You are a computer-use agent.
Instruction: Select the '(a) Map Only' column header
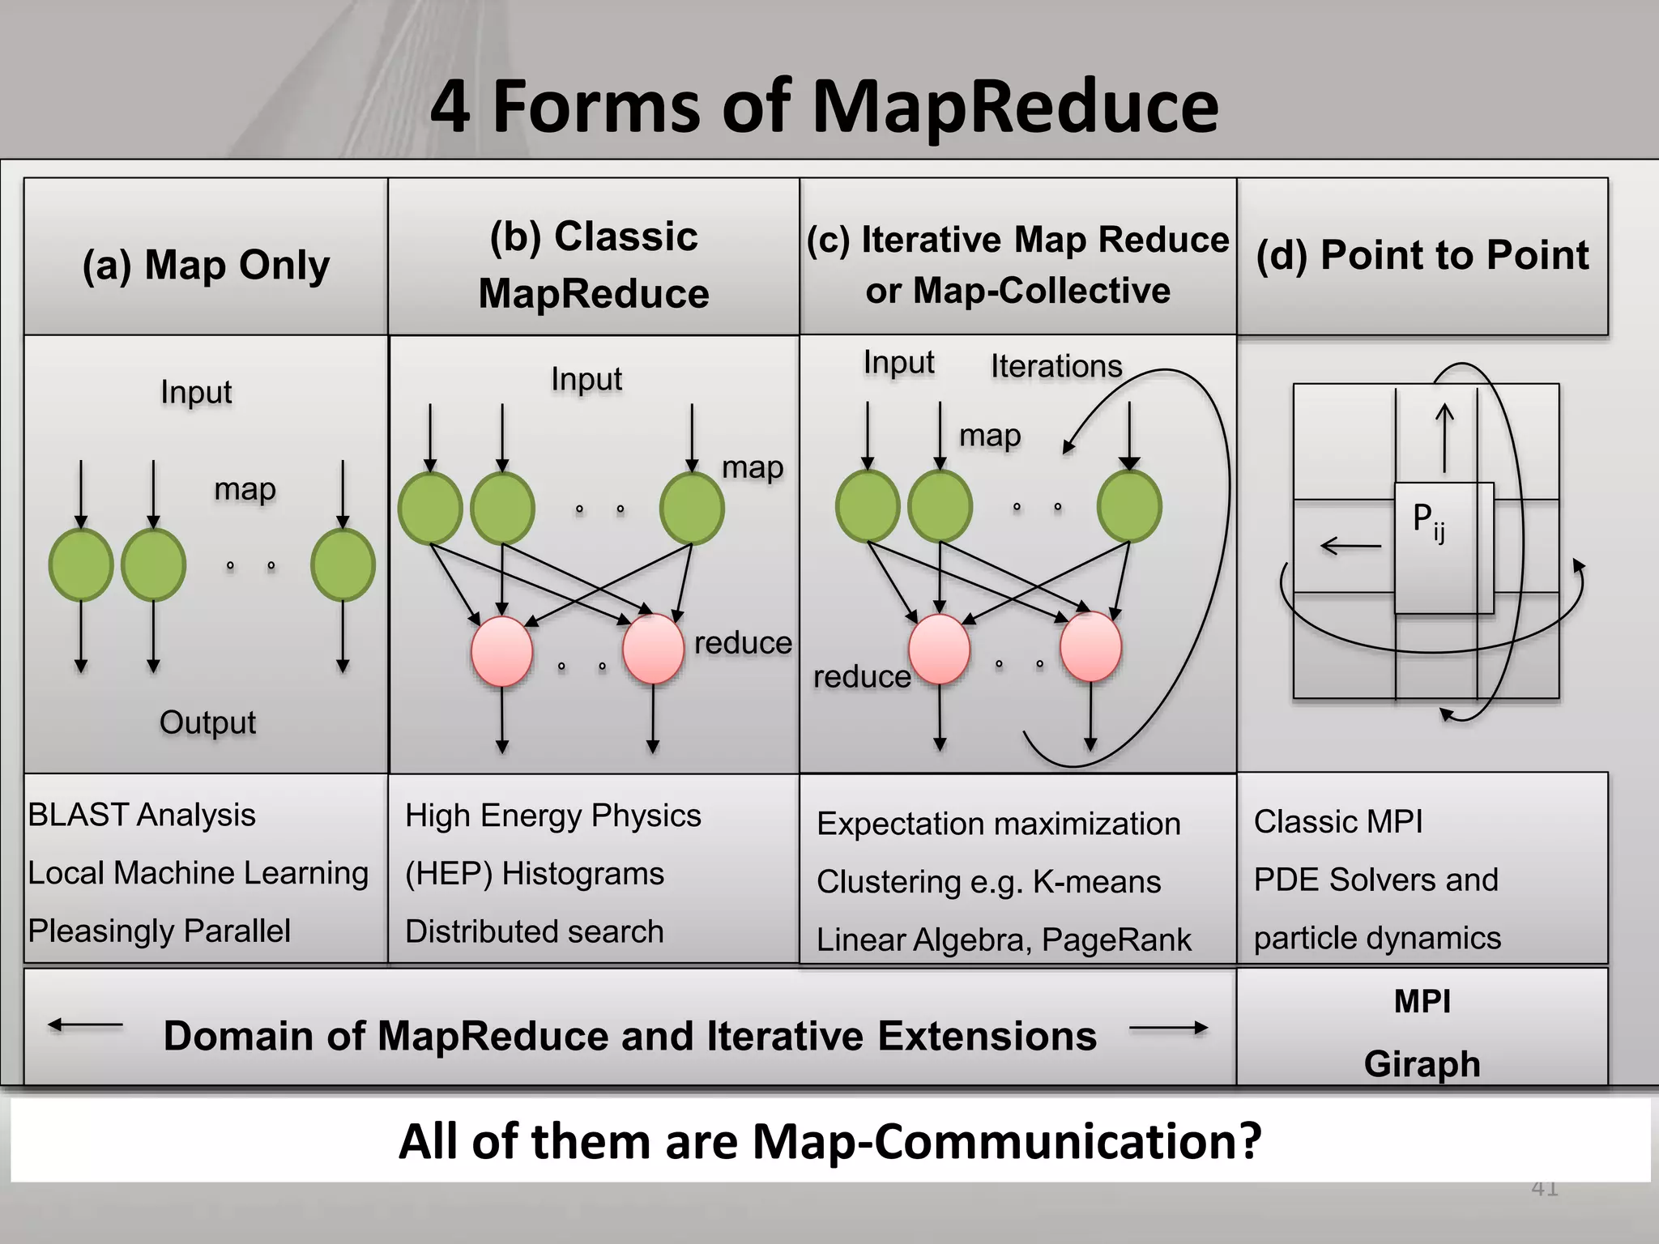point(206,265)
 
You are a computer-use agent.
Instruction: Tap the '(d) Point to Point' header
point(1422,255)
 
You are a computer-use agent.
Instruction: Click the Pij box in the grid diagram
point(1443,547)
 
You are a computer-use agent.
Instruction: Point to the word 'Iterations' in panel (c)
point(1056,366)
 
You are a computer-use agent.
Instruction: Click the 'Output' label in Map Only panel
point(207,722)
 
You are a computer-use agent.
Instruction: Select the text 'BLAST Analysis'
point(142,815)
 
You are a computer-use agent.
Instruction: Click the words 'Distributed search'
point(534,931)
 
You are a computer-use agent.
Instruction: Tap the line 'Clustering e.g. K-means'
point(988,882)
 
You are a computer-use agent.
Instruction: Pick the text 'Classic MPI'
point(1338,822)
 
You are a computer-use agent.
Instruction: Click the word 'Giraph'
point(1422,1063)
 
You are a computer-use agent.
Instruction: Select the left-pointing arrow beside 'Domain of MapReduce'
point(86,1025)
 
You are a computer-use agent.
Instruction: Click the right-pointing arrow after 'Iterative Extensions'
point(1168,1029)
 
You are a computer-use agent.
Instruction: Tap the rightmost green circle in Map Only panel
point(343,564)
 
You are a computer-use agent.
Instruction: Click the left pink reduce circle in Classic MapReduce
point(502,651)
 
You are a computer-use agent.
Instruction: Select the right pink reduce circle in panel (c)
point(1090,648)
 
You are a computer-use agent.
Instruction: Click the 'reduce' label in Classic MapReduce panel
point(742,643)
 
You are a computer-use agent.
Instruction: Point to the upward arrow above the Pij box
point(1444,438)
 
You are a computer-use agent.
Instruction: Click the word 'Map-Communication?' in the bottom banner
point(1006,1141)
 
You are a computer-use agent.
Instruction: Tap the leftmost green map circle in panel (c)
point(868,506)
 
